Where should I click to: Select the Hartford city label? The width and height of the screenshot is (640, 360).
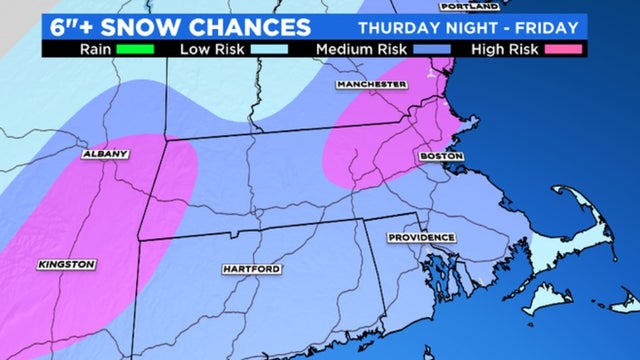click(251, 269)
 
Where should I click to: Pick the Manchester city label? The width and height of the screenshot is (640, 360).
click(371, 85)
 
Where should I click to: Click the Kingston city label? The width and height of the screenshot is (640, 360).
click(67, 264)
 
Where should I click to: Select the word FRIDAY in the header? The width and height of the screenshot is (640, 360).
click(544, 24)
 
